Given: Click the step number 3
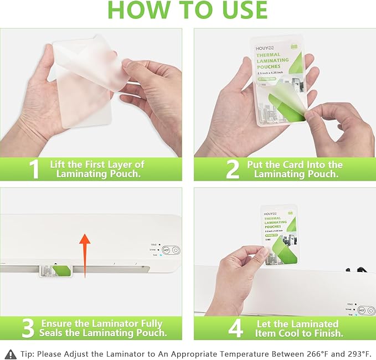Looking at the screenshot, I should click(x=28, y=328).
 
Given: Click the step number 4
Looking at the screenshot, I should click(x=236, y=328).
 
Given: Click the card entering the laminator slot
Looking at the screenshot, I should click(x=55, y=270).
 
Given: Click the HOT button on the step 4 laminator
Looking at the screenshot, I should click(x=362, y=310).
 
